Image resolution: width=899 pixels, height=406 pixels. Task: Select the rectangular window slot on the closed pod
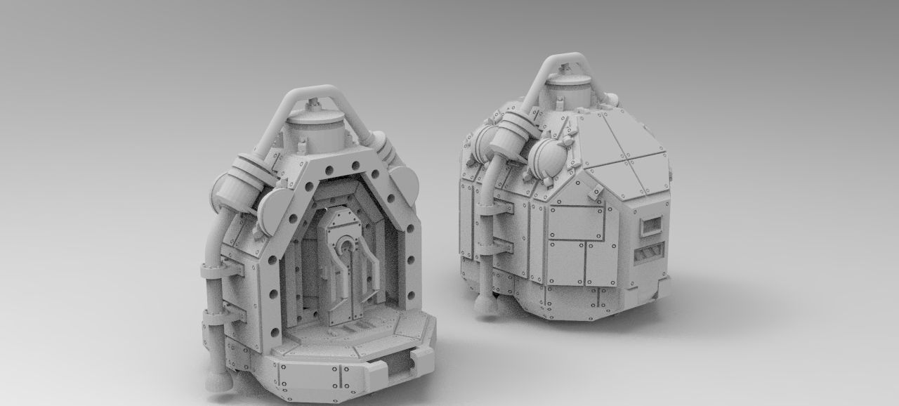click(650, 225)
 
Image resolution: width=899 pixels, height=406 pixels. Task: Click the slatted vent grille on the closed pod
click(648, 253)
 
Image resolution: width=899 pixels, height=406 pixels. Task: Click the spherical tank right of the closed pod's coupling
click(546, 158)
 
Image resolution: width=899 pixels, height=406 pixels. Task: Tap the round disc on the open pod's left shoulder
click(274, 211)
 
